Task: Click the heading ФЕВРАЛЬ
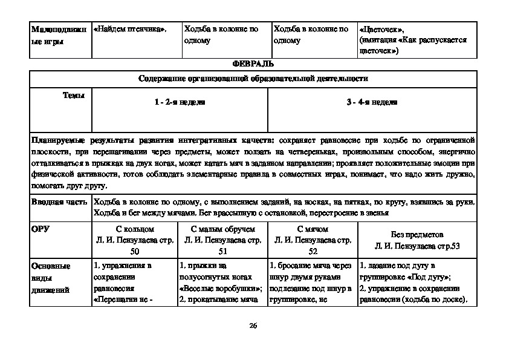click(x=253, y=64)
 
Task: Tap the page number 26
click(x=253, y=327)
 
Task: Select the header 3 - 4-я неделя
click(x=372, y=103)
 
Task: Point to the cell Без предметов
click(x=417, y=234)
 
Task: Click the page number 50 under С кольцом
click(x=134, y=250)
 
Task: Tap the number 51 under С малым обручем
click(x=222, y=250)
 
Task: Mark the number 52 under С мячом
click(x=313, y=250)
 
